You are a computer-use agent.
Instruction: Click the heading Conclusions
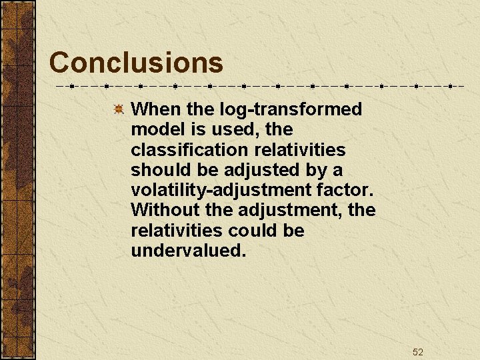[136, 63]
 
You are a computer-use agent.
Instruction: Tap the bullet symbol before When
[117, 109]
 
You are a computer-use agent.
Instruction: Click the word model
[155, 129]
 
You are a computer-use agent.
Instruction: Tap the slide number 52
[418, 352]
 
